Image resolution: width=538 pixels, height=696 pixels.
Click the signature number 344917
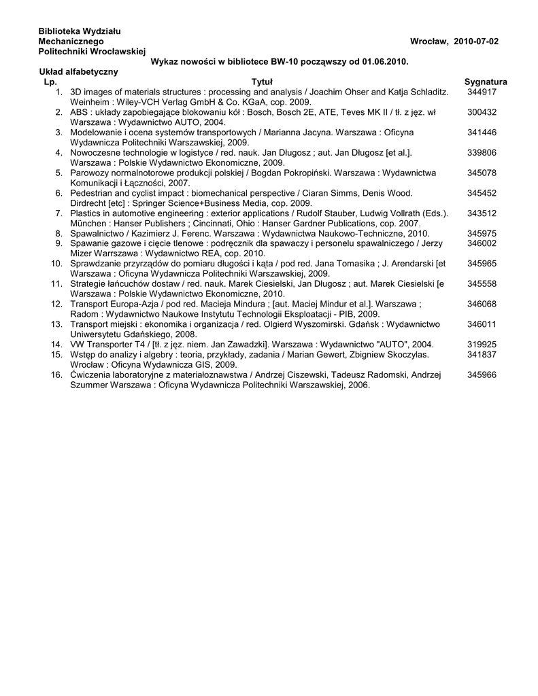pyautogui.click(x=482, y=92)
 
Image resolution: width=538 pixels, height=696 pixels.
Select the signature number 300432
pyautogui.click(x=482, y=111)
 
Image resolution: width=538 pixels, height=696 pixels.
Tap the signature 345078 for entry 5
pyautogui.click(x=482, y=173)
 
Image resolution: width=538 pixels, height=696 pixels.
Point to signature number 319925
pyautogui.click(x=482, y=345)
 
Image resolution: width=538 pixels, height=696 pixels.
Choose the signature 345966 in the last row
pyautogui.click(x=482, y=375)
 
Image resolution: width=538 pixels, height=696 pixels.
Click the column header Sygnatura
pyautogui.click(x=486, y=82)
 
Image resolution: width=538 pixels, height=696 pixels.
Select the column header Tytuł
pyautogui.click(x=262, y=82)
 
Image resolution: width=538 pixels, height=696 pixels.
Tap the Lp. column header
pyautogui.click(x=50, y=82)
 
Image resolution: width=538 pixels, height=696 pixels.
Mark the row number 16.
pyautogui.click(x=57, y=375)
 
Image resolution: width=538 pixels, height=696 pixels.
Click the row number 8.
pyautogui.click(x=60, y=233)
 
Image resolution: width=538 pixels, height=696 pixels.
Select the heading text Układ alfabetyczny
pyautogui.click(x=78, y=71)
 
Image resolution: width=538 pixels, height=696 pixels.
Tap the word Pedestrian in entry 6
pyautogui.click(x=91, y=193)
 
